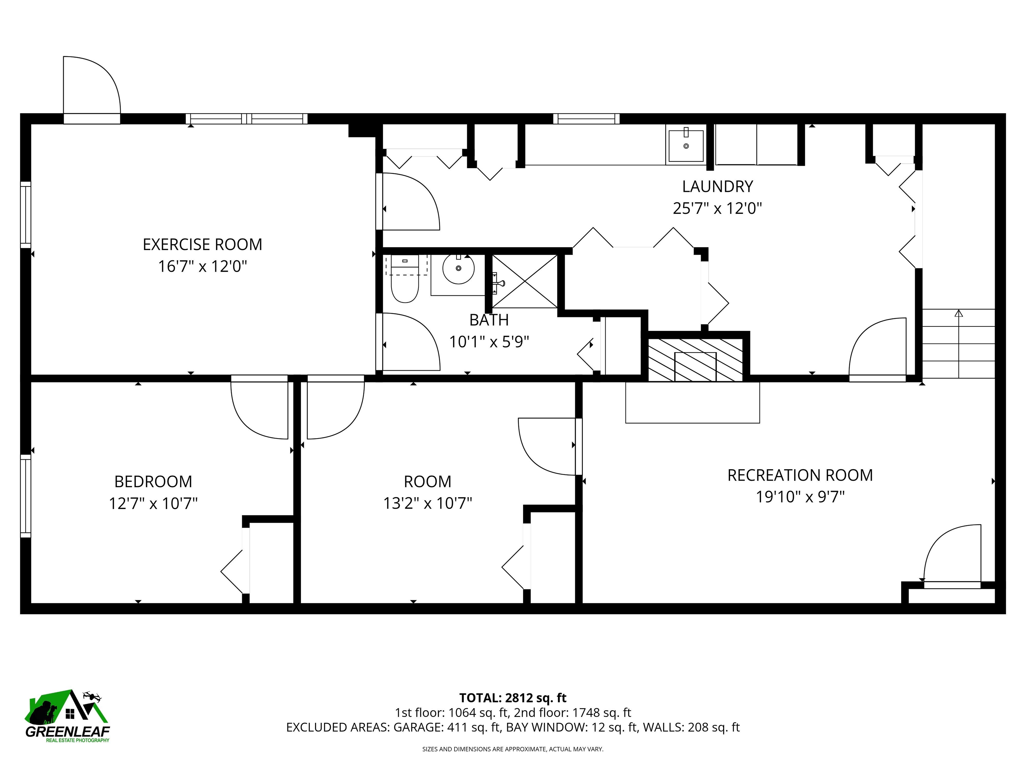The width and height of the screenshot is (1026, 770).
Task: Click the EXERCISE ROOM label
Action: pyautogui.click(x=202, y=244)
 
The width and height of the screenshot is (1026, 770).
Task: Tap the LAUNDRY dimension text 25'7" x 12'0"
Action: pyautogui.click(x=717, y=209)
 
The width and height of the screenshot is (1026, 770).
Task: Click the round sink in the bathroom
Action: pyautogui.click(x=458, y=269)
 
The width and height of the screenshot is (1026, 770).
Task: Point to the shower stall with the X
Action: pyautogui.click(x=525, y=281)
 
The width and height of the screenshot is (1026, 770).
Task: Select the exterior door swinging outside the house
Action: pyautogui.click(x=92, y=88)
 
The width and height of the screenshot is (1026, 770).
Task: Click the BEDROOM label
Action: pyautogui.click(x=153, y=481)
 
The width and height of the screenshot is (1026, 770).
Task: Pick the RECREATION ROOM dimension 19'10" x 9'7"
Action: pyautogui.click(x=800, y=497)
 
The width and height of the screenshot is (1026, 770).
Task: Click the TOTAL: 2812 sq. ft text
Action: pyautogui.click(x=513, y=697)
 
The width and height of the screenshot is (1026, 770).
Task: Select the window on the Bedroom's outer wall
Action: pyautogui.click(x=25, y=495)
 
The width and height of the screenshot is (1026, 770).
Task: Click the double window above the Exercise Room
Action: pyautogui.click(x=247, y=119)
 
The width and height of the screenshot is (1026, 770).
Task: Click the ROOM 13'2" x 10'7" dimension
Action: pyautogui.click(x=427, y=503)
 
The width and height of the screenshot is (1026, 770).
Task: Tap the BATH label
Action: pyautogui.click(x=489, y=320)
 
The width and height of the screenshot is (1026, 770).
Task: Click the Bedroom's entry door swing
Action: pyautogui.click(x=260, y=408)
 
